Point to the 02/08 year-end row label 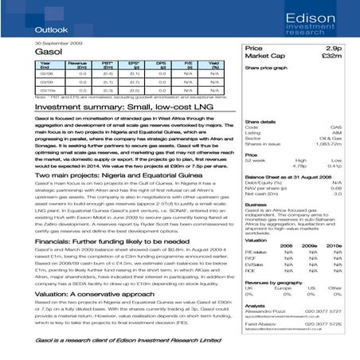(x=46, y=71)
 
